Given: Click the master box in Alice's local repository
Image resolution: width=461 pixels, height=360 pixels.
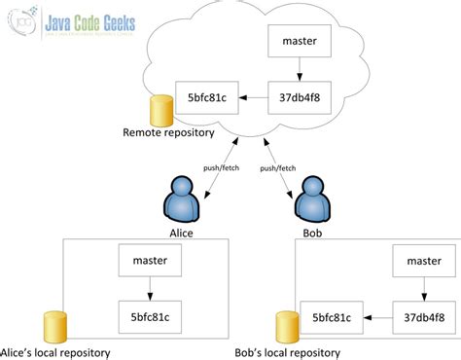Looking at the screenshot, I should click(150, 261).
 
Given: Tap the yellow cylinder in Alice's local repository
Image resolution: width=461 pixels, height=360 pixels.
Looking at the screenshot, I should click(53, 325).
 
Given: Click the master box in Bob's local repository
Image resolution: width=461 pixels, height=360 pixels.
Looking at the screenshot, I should click(423, 261).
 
